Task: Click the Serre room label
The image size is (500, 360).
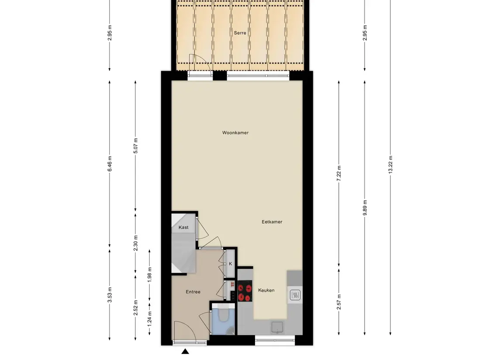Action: point(240,33)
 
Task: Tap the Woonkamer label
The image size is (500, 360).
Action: point(235,133)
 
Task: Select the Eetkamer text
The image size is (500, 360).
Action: point(272,222)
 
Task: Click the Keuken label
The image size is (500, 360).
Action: point(266,290)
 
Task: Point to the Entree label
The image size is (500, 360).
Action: point(193,292)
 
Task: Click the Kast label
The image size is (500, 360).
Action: point(183,227)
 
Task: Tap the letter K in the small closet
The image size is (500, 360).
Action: point(230,264)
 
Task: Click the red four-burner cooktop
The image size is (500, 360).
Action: point(245,291)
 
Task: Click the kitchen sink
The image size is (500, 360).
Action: point(277,327)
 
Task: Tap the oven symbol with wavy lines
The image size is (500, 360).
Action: point(295,295)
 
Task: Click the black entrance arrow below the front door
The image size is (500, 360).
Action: point(185,351)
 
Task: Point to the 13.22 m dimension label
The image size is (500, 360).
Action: point(390,165)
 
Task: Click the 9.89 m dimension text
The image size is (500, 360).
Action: point(365,208)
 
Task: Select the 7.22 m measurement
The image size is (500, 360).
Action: point(339,173)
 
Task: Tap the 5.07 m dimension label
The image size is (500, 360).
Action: point(135,146)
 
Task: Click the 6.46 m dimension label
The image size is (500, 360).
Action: point(109,164)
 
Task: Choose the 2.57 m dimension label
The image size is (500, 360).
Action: point(339,302)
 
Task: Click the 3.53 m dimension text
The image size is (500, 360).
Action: point(109,295)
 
